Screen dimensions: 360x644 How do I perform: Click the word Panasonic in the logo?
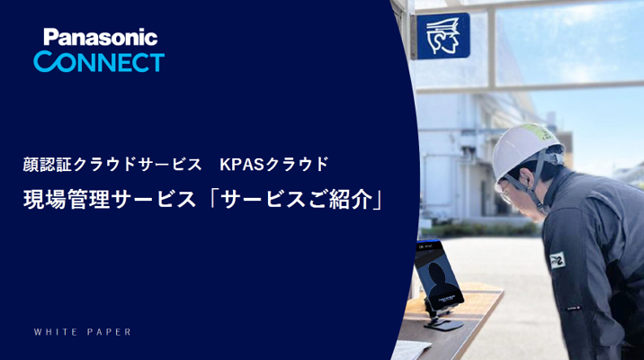point(100,37)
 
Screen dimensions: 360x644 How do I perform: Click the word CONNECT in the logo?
point(99,61)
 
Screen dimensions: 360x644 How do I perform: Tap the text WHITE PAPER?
point(83,332)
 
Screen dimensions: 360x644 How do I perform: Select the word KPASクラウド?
point(280,164)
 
